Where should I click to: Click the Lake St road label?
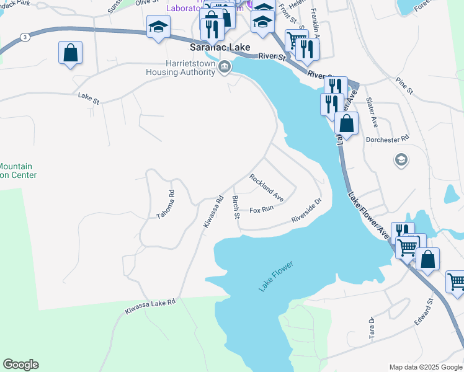point(89,95)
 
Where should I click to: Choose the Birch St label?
point(236,207)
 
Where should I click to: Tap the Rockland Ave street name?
point(267,187)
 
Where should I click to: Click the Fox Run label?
point(261,210)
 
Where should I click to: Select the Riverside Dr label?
point(307,211)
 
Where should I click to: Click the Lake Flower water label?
point(275,277)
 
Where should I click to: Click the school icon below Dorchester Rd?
point(401,161)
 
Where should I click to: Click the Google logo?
point(20,365)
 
